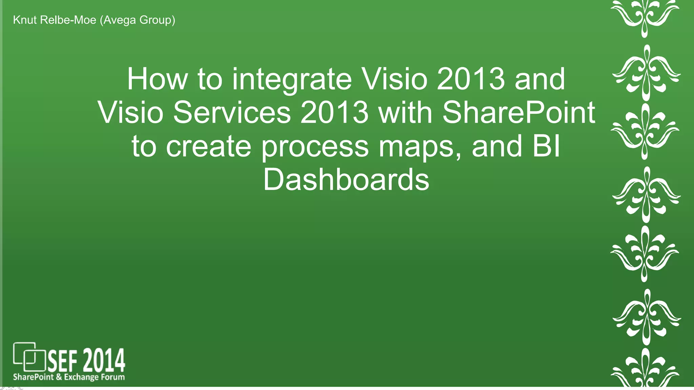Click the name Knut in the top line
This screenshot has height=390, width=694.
tap(24, 20)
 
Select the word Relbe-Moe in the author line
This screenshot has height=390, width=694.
tap(68, 20)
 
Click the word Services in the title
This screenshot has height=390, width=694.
tap(232, 112)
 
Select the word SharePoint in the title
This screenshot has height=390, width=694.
tap(518, 112)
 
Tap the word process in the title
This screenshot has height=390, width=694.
tap(315, 146)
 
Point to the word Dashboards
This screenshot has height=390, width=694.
tap(346, 180)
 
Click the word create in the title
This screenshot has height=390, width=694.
tap(208, 146)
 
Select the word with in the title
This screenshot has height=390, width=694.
tap(405, 112)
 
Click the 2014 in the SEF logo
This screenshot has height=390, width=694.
tap(104, 361)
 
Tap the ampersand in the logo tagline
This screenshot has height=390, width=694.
tap(59, 377)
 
